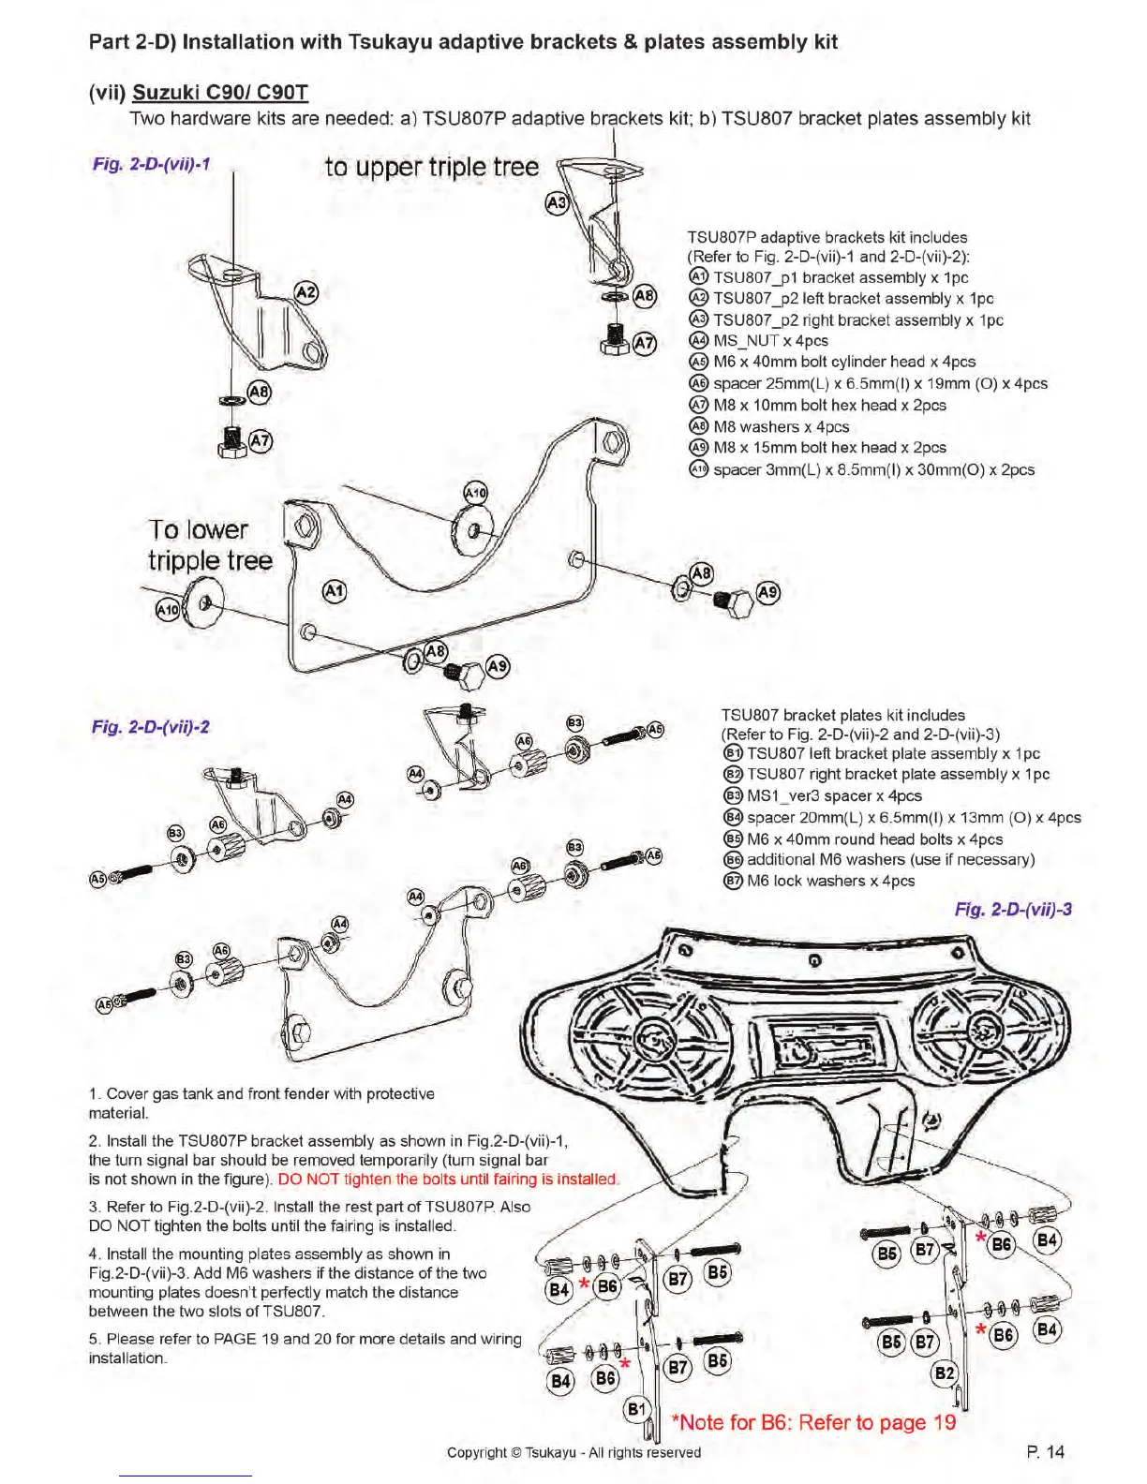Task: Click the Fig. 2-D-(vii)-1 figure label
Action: [151, 164]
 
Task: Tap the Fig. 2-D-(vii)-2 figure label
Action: [151, 726]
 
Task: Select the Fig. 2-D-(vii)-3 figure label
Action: [1013, 909]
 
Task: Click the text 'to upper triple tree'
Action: [432, 167]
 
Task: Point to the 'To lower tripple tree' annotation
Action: [210, 545]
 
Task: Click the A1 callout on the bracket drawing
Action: [334, 591]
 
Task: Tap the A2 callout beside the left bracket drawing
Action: [306, 292]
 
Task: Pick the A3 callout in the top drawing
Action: [557, 202]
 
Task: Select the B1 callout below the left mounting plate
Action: [636, 1409]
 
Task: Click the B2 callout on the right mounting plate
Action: [944, 1373]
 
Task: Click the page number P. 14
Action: [1045, 1451]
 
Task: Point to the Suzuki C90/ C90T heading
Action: [220, 92]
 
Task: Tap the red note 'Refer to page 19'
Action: [814, 1422]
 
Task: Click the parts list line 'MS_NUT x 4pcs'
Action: [770, 341]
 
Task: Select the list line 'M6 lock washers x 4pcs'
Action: [830, 881]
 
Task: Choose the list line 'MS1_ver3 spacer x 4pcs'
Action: [834, 795]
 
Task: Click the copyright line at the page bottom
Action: [573, 1452]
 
